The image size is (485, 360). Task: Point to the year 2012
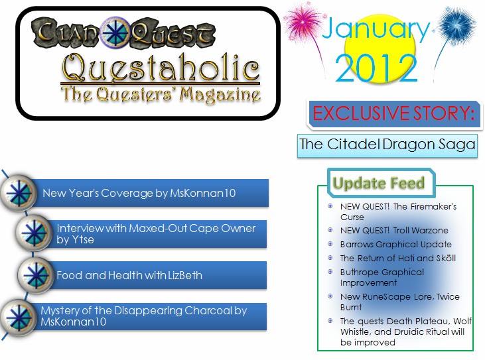point(376,68)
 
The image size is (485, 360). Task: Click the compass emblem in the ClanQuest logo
point(115,32)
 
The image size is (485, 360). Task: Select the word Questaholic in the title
point(161,67)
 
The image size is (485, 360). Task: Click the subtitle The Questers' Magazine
point(161,94)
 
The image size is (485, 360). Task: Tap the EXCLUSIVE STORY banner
point(393,113)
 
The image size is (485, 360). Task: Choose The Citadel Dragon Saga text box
point(387,145)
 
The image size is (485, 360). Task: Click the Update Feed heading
point(379,183)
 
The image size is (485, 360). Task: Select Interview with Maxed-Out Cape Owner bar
point(157,234)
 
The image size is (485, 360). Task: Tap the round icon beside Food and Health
point(35,275)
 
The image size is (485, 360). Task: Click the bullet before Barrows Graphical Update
point(330,244)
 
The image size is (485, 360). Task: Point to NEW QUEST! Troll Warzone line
point(394,231)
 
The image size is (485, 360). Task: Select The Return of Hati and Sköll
point(398,258)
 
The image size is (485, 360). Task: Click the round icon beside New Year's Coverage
point(19,193)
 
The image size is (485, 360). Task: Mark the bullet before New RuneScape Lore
point(330,296)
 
